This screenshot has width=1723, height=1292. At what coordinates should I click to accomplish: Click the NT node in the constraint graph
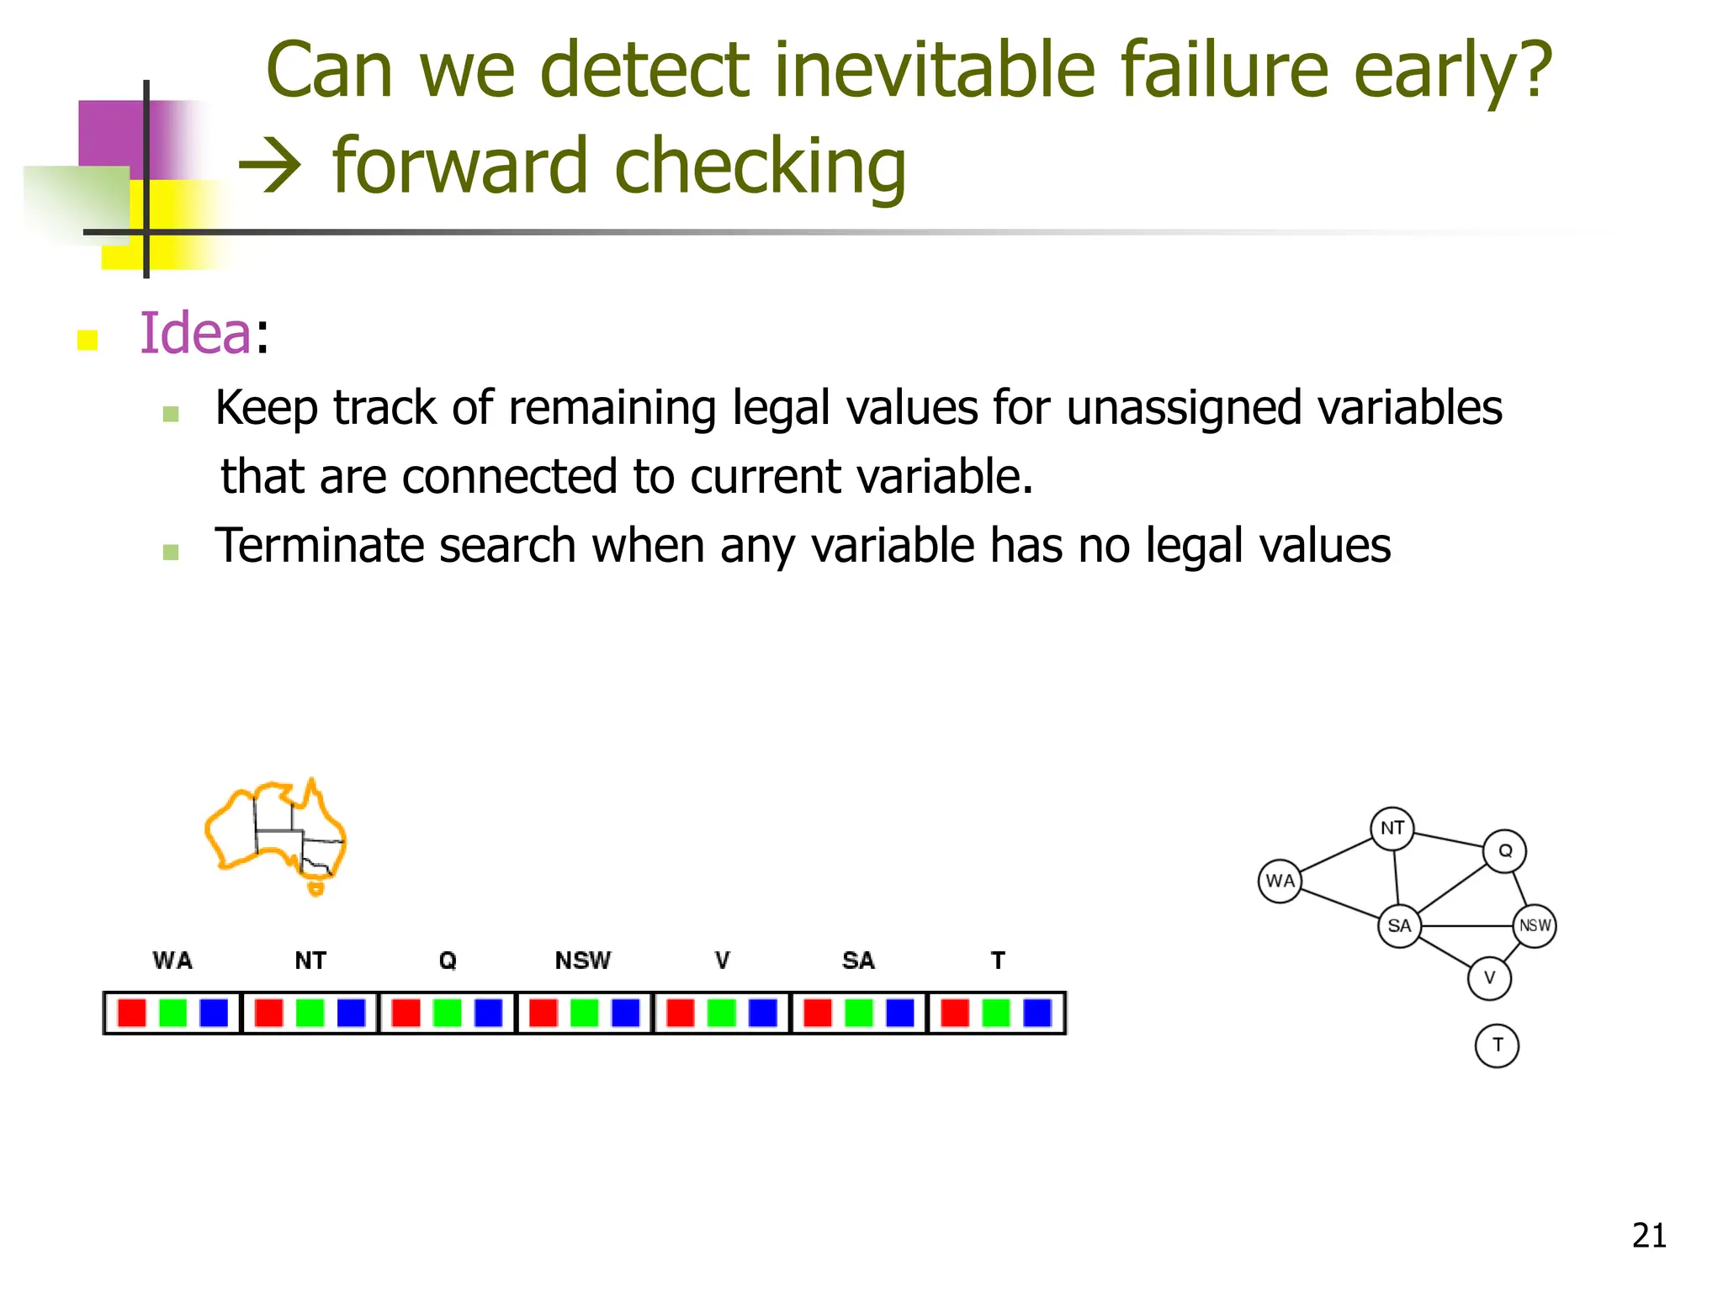point(1392,829)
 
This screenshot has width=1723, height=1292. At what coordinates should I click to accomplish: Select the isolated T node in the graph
point(1497,1046)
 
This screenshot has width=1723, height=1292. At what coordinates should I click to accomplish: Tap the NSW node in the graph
point(1535,925)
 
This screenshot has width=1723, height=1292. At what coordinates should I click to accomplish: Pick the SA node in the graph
point(1399,926)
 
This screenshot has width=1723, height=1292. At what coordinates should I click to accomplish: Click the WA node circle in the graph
point(1280,881)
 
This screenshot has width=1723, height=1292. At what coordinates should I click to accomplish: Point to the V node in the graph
point(1489,978)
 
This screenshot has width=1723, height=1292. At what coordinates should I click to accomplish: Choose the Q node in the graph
point(1504,851)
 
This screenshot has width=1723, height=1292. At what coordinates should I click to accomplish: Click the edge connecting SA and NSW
point(1466,926)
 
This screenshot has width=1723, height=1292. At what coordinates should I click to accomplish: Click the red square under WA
point(131,1013)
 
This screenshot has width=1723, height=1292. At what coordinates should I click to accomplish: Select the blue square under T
point(1036,1013)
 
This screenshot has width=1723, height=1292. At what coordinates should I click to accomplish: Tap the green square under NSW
point(584,1013)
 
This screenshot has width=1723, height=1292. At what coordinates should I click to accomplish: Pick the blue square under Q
point(488,1013)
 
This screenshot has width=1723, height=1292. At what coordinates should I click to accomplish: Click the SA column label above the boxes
point(858,961)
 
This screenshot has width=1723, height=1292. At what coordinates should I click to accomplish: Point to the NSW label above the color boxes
point(583,961)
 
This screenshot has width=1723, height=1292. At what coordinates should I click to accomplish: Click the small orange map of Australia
point(276,834)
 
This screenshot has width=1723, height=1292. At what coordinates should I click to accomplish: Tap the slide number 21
point(1649,1236)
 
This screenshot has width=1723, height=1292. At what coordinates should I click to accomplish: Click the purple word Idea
point(195,333)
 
